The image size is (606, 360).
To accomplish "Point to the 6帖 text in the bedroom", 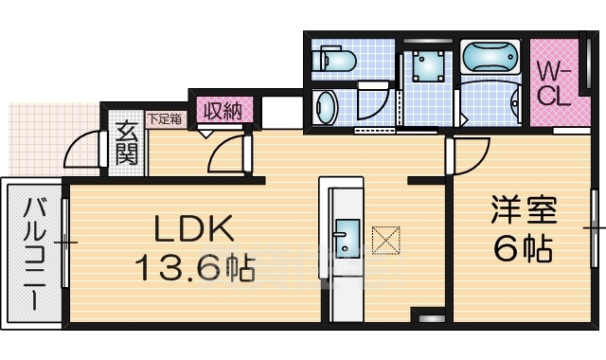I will click(522, 249).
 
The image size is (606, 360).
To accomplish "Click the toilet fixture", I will click(333, 60).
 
